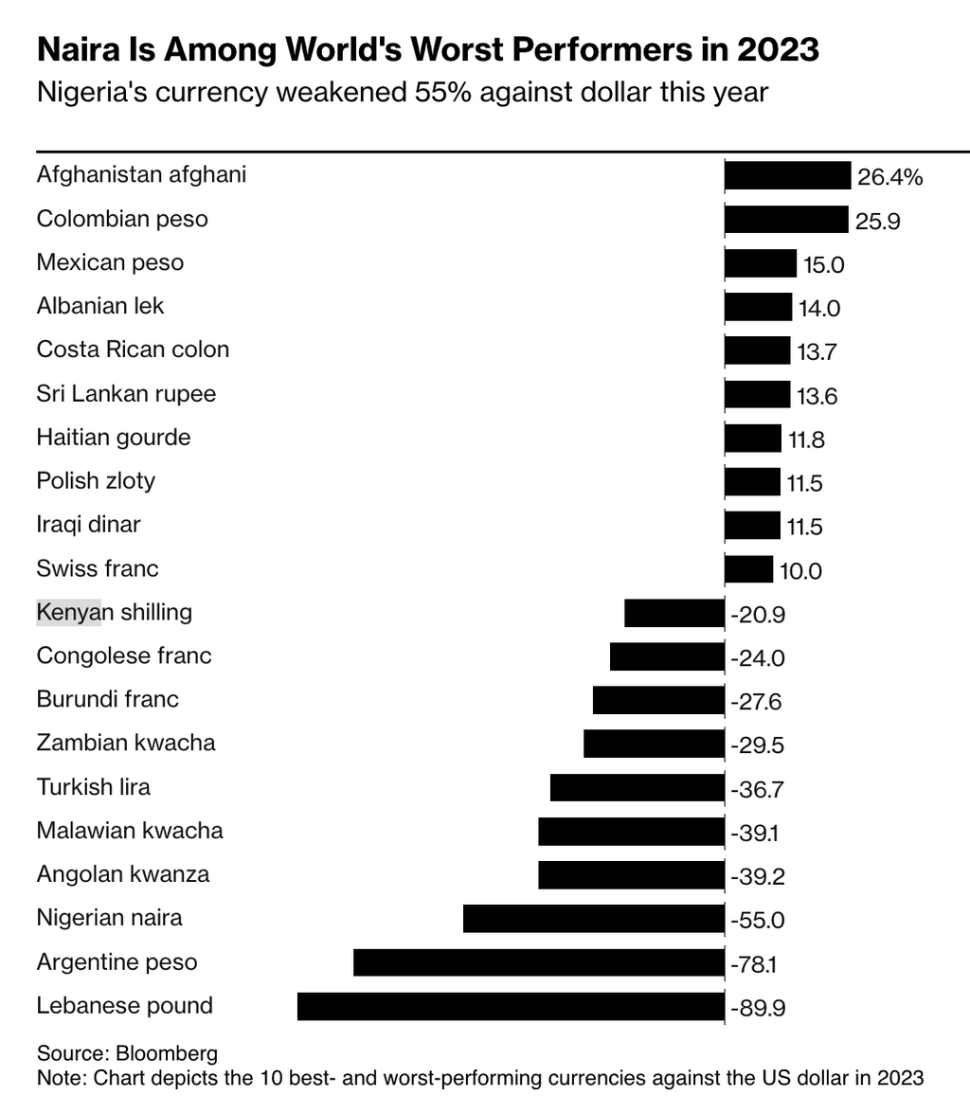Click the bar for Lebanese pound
coord(511,1006)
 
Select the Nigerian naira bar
coord(594,919)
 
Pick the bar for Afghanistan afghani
coord(787,175)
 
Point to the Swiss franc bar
coord(748,569)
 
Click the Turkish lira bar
coord(638,788)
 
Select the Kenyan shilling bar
coord(674,613)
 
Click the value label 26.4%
coord(889,177)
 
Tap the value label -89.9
coord(758,1008)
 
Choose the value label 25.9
coord(878,221)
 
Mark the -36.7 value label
coord(758,789)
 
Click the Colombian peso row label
coord(122,219)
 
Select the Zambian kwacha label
coord(126,743)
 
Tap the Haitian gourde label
coord(114,438)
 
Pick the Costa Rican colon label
coord(133,350)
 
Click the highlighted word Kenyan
coord(68,612)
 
